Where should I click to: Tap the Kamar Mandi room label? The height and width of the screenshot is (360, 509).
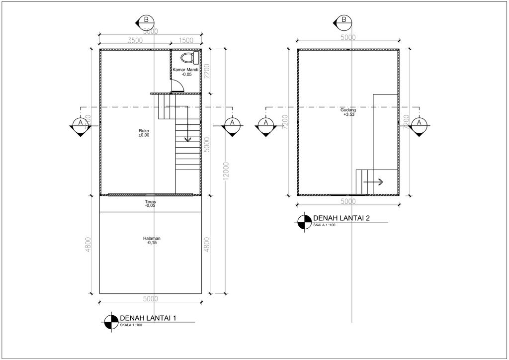point(186,70)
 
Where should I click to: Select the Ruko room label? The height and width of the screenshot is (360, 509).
point(144,131)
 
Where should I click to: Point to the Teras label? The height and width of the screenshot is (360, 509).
point(151,201)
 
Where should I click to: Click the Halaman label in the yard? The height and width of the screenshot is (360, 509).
point(151,239)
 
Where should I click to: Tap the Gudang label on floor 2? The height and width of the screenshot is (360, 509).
point(348,110)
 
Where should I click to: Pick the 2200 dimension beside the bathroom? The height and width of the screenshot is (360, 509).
point(207,72)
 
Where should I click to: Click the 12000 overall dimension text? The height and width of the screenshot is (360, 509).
point(227,172)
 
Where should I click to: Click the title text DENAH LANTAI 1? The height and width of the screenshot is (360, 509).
point(148,319)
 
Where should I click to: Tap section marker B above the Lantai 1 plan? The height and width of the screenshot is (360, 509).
point(146,20)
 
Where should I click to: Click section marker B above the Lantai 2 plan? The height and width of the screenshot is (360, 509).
point(343,20)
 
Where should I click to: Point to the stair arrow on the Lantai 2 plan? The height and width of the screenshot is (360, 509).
point(374,182)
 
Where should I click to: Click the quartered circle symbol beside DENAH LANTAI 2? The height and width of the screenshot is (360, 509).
point(302,221)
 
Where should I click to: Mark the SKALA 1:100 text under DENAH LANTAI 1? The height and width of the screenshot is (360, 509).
point(131,325)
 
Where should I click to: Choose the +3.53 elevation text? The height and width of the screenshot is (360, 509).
point(348,114)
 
